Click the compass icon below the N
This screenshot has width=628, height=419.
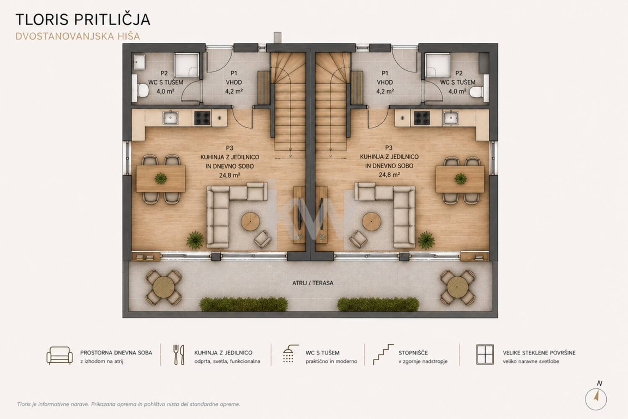point(596,399)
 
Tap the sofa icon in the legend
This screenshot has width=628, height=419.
point(59,356)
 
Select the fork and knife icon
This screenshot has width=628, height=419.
point(179,355)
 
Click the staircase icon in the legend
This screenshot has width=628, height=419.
point(383,354)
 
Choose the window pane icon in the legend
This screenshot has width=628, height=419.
point(485,354)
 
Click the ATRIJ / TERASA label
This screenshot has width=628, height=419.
point(313,283)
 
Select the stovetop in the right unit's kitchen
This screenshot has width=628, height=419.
point(422,118)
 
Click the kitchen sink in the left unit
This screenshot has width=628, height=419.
point(170,118)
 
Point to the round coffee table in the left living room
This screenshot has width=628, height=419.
point(250,221)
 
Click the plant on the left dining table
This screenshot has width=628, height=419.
point(161,178)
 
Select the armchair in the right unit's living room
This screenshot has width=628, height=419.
point(358,239)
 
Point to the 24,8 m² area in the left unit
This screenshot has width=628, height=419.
point(229,176)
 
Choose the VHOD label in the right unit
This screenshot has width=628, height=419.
point(385,82)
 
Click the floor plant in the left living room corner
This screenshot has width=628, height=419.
point(196,240)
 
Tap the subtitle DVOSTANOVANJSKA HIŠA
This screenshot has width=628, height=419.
point(77,36)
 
